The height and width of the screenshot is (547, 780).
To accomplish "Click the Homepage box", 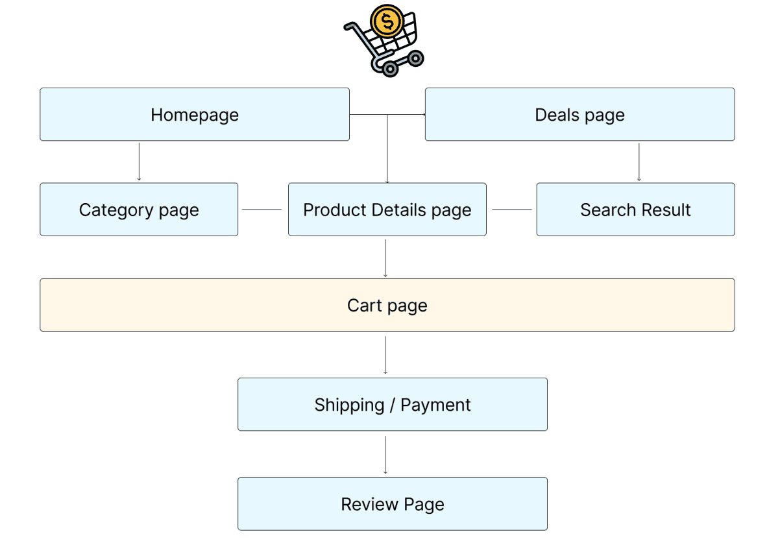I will pyautogui.click(x=195, y=115).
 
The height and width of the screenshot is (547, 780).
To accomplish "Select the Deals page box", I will pyautogui.click(x=579, y=115).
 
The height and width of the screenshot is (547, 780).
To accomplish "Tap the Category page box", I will pyautogui.click(x=139, y=210).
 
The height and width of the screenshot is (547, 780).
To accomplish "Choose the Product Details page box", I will pyautogui.click(x=387, y=210).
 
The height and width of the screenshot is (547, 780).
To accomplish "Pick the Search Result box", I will pyautogui.click(x=635, y=210).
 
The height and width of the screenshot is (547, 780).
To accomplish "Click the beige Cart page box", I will pyautogui.click(x=387, y=305).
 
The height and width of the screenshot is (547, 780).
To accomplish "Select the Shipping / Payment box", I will pyautogui.click(x=393, y=404).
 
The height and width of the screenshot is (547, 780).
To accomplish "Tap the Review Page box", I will pyautogui.click(x=393, y=504).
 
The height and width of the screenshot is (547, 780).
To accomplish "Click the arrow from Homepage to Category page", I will pyautogui.click(x=139, y=162).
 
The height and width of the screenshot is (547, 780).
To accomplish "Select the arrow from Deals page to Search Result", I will pyautogui.click(x=639, y=162).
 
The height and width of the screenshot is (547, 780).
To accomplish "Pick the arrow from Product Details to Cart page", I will pyautogui.click(x=385, y=258).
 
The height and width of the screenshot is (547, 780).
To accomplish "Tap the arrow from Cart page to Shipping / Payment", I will pyautogui.click(x=385, y=355).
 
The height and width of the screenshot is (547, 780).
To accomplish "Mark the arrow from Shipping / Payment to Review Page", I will pyautogui.click(x=385, y=454).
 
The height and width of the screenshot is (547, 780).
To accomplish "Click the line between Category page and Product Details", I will pyautogui.click(x=262, y=210).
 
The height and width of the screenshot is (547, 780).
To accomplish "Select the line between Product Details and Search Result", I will pyautogui.click(x=512, y=210).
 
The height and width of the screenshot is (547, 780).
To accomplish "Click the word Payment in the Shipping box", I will pyautogui.click(x=435, y=405).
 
